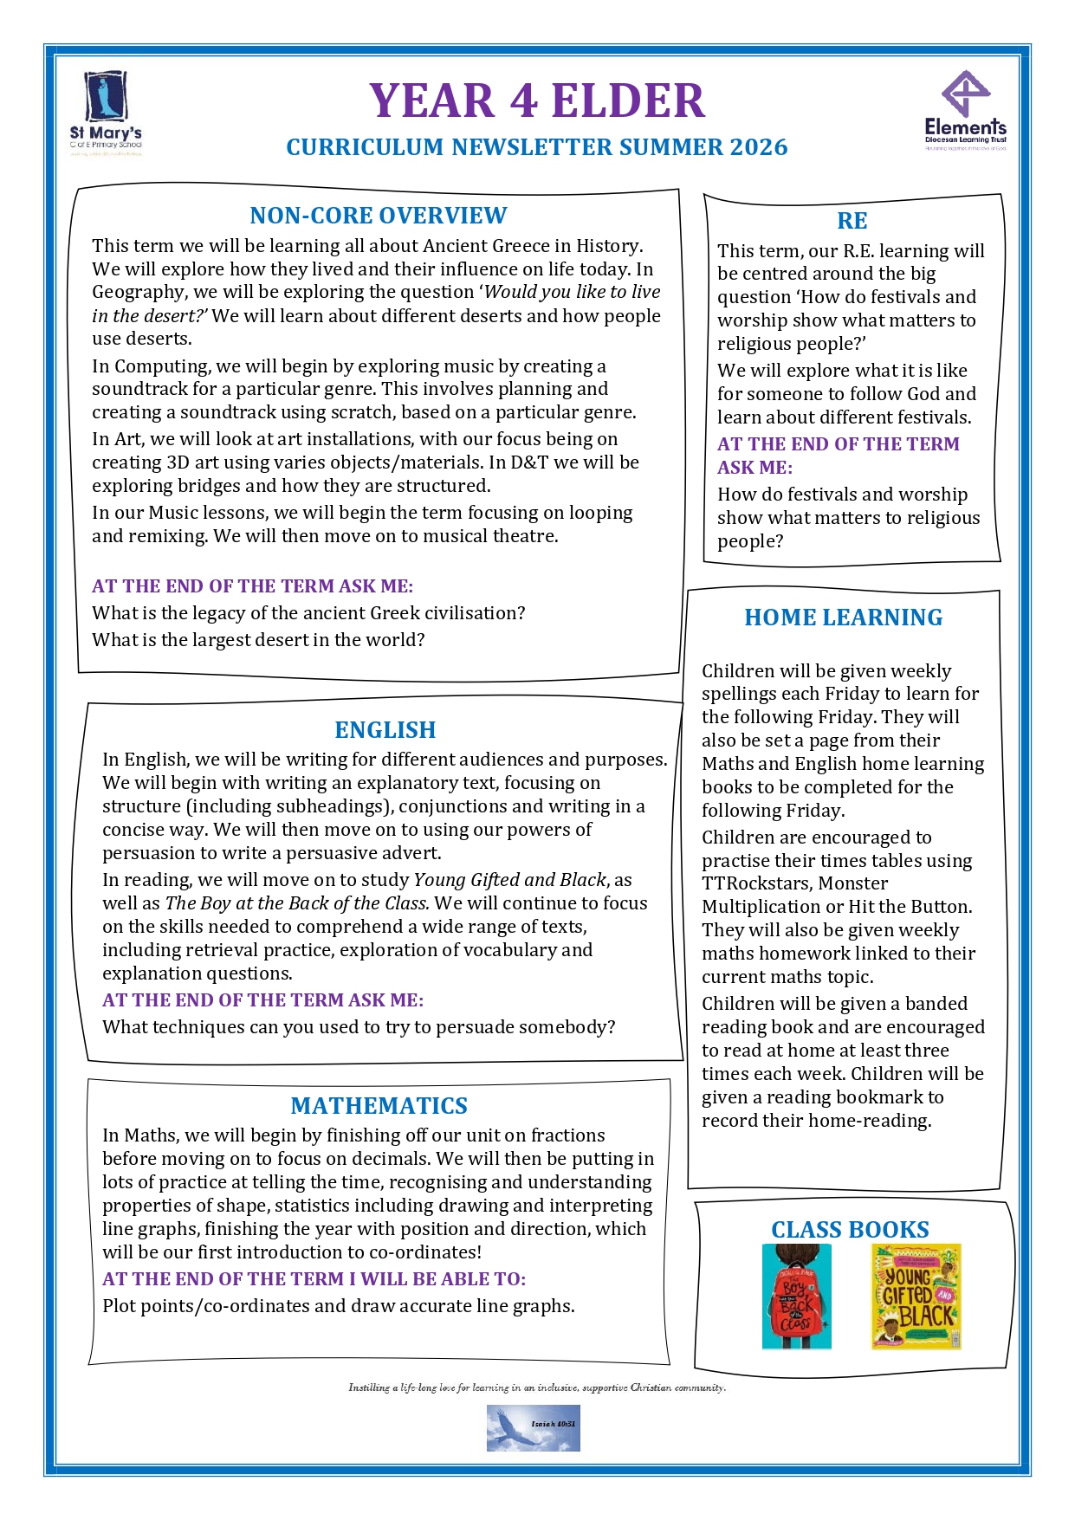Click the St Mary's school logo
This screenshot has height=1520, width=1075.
coord(106,113)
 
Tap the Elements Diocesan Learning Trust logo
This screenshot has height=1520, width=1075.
coord(965,111)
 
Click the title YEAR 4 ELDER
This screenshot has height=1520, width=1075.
coord(537,100)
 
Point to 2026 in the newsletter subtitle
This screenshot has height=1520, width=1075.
coord(759,147)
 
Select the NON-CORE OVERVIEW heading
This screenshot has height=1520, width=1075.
coord(379,216)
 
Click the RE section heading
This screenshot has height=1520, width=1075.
coord(852,221)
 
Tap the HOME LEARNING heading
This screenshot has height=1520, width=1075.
coord(844,618)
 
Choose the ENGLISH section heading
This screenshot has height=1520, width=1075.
coord(385,730)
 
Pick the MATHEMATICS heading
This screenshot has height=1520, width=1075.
coord(379,1106)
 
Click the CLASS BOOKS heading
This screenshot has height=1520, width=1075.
coord(850,1230)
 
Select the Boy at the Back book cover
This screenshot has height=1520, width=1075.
coord(796,1297)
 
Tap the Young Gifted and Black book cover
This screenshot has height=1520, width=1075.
coord(916,1297)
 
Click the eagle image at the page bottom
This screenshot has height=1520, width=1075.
coord(533,1428)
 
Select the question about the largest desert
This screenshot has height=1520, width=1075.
coord(258,640)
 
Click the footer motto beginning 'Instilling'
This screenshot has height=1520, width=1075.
coord(537,1387)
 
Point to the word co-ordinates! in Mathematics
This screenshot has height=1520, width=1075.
coord(431,1252)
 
